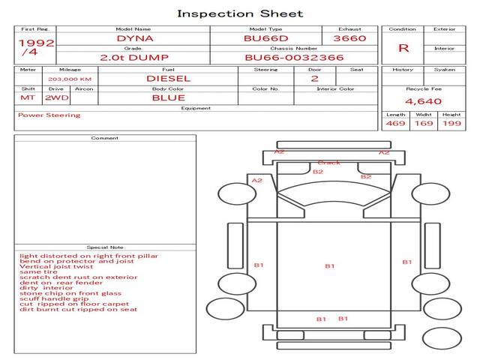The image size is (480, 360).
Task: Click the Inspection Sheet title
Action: click(240, 13)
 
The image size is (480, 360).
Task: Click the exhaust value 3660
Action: click(349, 37)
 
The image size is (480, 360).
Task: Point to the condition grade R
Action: click(403, 48)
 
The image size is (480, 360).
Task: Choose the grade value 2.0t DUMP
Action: click(135, 57)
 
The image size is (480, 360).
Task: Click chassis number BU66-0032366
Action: click(294, 57)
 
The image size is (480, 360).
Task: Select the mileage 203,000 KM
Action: click(69, 78)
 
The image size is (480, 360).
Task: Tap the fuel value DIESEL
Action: click(168, 78)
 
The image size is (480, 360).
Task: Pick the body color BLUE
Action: click(168, 97)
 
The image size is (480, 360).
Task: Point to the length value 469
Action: click(395, 123)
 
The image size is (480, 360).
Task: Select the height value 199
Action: click(451, 123)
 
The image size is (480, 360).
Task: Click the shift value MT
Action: click(27, 97)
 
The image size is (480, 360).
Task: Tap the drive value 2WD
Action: click(52, 97)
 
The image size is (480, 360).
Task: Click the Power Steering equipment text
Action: click(49, 115)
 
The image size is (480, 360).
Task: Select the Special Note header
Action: click(105, 247)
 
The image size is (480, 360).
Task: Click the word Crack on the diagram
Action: click(328, 163)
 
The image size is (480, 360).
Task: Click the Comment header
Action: click(105, 138)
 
